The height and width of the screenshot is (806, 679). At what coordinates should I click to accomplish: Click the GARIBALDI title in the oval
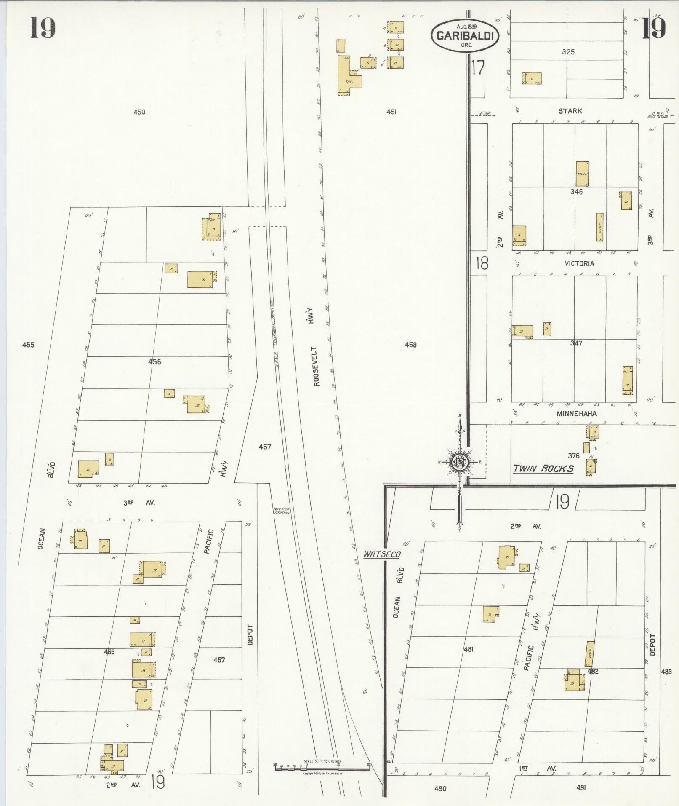click(464, 36)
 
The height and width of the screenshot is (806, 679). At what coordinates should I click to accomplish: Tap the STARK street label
click(570, 111)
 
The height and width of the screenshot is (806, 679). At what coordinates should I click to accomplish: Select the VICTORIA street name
click(579, 264)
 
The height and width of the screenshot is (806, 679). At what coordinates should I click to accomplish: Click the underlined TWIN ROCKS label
click(543, 469)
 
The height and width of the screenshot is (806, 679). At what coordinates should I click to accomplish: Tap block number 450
click(139, 112)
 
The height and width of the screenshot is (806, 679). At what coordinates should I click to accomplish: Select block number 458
click(410, 345)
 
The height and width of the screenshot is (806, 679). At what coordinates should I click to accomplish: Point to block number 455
click(28, 345)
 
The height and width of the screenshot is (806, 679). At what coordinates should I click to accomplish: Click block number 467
click(219, 660)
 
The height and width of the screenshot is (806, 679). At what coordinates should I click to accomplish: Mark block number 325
click(568, 52)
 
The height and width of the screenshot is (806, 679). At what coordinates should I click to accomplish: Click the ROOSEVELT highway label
click(317, 366)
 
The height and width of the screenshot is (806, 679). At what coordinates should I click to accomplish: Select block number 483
click(666, 672)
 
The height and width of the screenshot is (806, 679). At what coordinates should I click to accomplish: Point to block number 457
click(265, 447)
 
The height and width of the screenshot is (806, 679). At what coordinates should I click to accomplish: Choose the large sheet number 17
click(478, 67)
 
